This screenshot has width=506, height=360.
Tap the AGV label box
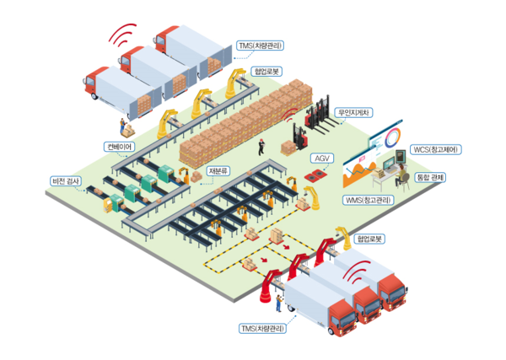[322, 158]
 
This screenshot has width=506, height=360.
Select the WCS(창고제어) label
[435, 149]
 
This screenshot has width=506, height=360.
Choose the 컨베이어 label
[118, 146]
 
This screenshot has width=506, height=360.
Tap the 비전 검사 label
[67, 181]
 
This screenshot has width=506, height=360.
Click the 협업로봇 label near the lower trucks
[370, 239]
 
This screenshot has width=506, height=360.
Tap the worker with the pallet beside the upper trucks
[127, 128]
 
